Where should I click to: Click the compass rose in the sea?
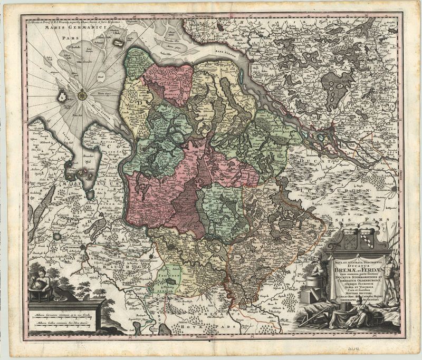[82, 95]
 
